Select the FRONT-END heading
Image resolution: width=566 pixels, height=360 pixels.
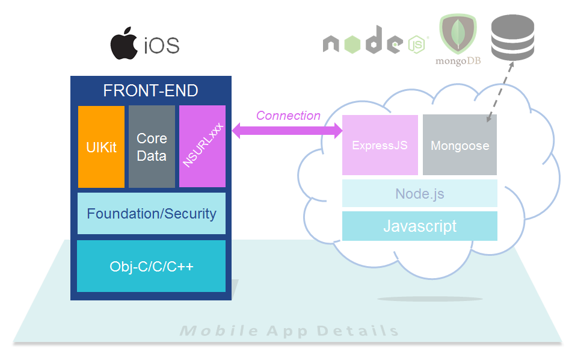150,91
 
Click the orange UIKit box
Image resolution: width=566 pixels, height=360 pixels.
101,147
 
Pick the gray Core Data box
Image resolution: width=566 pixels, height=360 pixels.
152,147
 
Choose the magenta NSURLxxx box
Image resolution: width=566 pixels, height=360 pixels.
202,147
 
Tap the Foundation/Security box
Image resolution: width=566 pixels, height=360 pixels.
152,214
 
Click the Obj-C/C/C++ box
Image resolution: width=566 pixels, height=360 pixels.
152,266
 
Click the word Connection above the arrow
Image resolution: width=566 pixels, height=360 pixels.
288,116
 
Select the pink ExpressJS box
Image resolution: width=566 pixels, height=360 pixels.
380,145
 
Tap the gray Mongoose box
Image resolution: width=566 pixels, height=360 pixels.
460,145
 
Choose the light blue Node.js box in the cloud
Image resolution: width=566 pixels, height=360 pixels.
420,194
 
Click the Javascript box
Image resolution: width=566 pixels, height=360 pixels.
420,226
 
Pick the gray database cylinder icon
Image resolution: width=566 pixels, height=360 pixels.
512,38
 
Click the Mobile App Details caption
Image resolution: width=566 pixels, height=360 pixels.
289,331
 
